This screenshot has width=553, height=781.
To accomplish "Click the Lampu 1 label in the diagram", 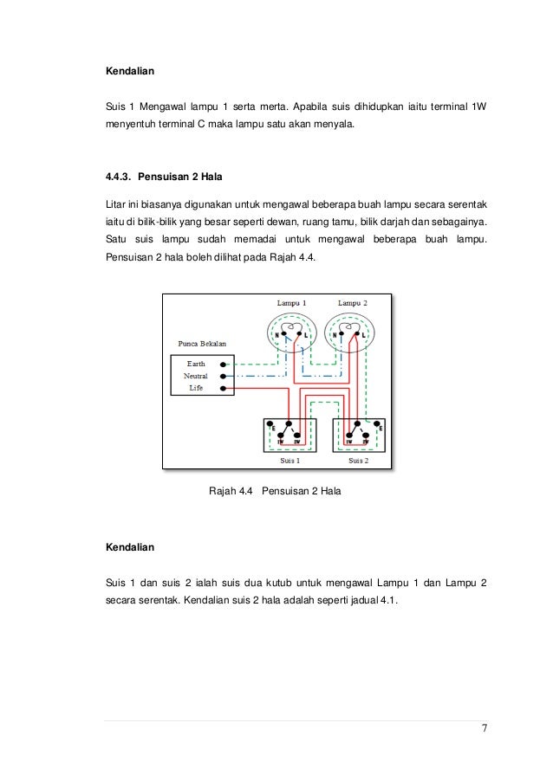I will click(x=291, y=303).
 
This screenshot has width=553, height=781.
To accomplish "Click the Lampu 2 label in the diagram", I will click(x=353, y=303).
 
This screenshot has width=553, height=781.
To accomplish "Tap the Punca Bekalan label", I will click(x=201, y=343).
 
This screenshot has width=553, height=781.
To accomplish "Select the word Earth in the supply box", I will click(x=196, y=365).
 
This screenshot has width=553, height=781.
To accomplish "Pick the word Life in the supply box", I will click(x=196, y=389).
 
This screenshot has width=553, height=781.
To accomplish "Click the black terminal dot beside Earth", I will click(x=224, y=365).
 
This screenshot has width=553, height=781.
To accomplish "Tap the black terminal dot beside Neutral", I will click(x=224, y=377).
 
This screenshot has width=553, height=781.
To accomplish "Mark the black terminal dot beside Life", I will click(x=224, y=389).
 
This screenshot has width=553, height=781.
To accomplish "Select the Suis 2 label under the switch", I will click(x=359, y=461).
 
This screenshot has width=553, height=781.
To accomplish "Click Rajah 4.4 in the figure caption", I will click(x=231, y=492).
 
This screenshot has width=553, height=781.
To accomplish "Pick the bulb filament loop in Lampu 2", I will click(x=347, y=328).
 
